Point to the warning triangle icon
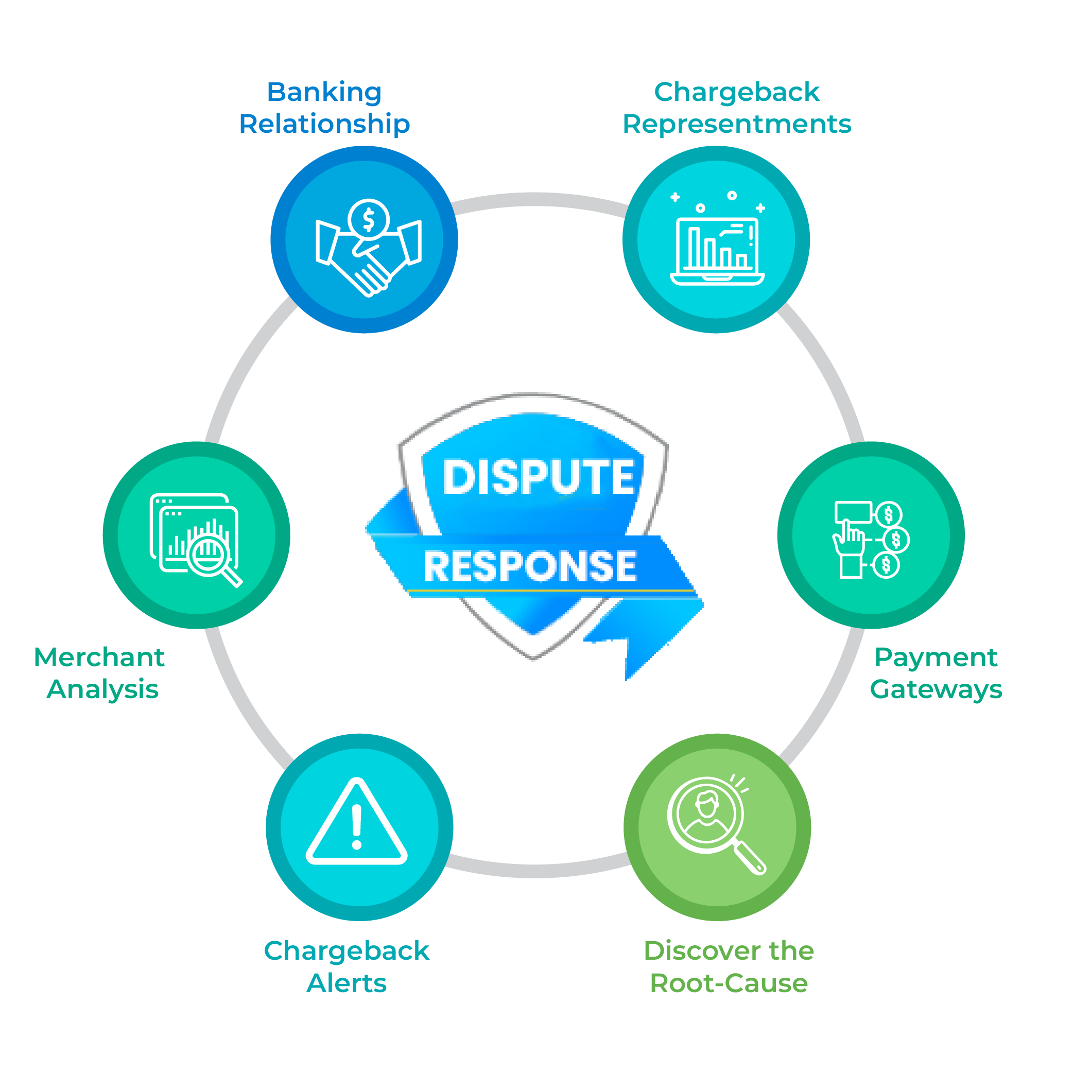pyautogui.click(x=357, y=824)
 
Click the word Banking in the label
pyautogui.click(x=324, y=92)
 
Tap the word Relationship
pyautogui.click(x=324, y=124)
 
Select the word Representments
pyautogui.click(x=736, y=124)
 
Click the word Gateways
pyautogui.click(x=936, y=689)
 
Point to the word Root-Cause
pyautogui.click(x=729, y=983)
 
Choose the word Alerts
pyautogui.click(x=347, y=983)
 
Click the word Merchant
pyautogui.click(x=99, y=657)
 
